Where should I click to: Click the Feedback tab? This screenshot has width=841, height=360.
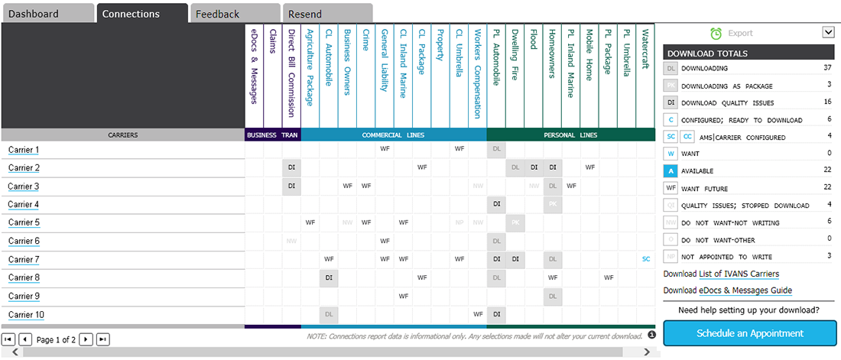point(217,14)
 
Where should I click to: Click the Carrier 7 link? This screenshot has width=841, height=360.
point(23,260)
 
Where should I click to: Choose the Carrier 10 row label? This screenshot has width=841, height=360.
point(26,315)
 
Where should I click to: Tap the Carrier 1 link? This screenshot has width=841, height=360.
point(23,150)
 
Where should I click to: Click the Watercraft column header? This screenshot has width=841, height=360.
point(645,50)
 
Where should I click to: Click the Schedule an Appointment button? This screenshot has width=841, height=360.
point(749,333)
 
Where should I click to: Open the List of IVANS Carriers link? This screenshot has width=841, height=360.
point(739,274)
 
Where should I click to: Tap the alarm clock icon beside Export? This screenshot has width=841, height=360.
point(716,33)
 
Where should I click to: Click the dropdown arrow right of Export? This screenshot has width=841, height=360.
point(827,32)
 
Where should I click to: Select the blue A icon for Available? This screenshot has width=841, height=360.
point(670,171)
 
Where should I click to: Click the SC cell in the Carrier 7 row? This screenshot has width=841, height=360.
point(646,259)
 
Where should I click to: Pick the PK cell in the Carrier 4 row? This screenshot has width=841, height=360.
point(552,204)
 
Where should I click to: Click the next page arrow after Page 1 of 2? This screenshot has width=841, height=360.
point(86,339)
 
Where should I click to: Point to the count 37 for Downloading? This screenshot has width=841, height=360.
point(826,68)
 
